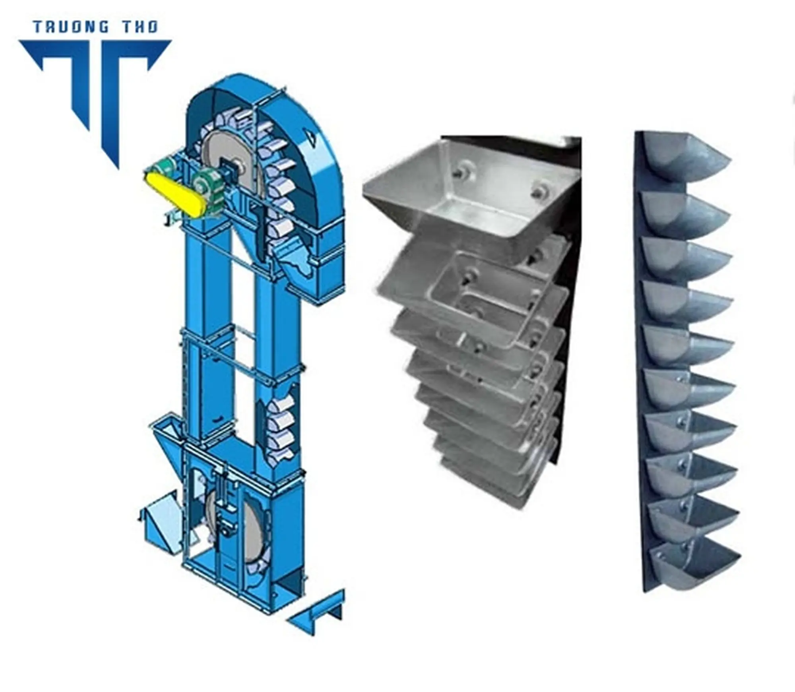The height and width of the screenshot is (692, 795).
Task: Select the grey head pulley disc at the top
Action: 231,162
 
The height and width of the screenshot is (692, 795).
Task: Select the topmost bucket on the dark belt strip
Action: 684,159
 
